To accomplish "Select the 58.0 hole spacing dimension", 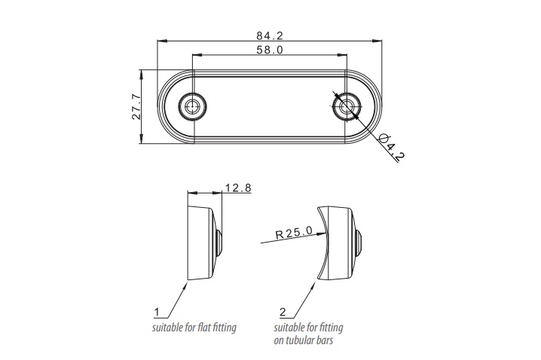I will [x=269, y=50].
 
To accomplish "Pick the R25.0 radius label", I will [x=294, y=233].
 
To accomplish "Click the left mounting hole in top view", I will [x=192, y=106].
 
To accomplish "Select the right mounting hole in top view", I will [x=346, y=106].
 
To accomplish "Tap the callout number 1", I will [x=156, y=311].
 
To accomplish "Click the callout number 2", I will [x=282, y=311].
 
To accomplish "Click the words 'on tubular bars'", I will [x=304, y=340].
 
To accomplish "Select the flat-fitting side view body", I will [x=201, y=242].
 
